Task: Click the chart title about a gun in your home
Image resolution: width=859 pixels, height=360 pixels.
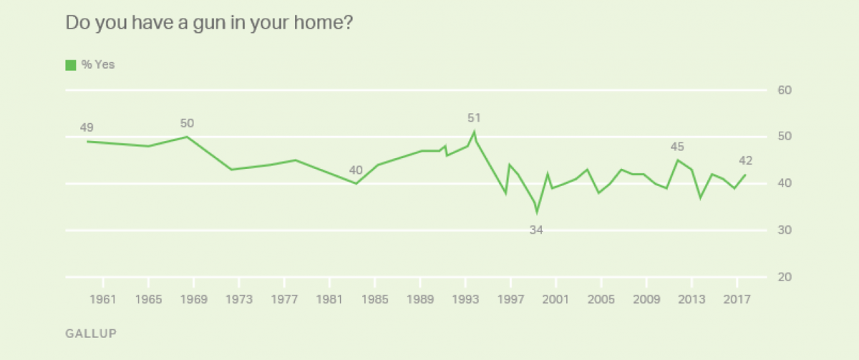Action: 209,23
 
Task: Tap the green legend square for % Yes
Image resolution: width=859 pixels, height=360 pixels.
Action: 70,65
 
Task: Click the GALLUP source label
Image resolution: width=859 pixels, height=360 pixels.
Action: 91,334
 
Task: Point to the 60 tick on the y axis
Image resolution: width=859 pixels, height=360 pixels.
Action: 785,90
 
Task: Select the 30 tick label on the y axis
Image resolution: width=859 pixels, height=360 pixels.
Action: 785,230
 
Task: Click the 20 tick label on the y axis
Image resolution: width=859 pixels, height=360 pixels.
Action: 785,277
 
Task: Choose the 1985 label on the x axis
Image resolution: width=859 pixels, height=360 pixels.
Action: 374,298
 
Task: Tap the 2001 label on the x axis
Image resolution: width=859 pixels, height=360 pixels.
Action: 555,298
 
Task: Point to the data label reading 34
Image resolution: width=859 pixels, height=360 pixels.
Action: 537,229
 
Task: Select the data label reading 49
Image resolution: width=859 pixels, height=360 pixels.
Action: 87,128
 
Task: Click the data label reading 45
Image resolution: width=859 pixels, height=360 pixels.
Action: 677,147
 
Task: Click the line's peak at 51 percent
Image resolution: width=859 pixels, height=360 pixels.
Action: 474,132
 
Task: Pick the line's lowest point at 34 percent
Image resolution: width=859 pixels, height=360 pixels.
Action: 537,212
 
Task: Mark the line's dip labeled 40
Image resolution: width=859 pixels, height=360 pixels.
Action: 356,184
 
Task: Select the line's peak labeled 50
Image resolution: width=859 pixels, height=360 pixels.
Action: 187,137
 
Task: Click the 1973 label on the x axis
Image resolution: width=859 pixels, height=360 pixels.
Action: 239,298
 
